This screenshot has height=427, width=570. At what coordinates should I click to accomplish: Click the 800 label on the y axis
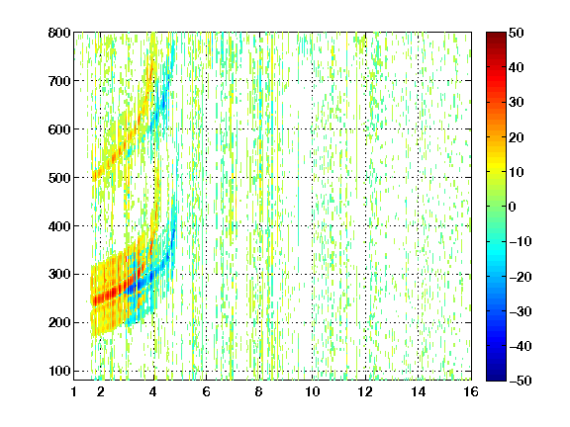59,33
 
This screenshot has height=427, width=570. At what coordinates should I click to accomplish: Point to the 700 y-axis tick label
59,81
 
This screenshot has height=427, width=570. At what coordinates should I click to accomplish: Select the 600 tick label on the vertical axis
59,129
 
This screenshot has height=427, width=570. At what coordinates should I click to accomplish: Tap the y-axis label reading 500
59,178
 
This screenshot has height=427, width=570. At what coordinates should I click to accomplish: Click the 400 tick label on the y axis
59,226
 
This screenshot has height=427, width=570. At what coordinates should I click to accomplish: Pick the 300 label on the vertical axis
59,274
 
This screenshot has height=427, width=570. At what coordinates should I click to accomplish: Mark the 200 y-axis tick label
59,322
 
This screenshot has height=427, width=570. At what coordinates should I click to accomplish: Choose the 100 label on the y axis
59,371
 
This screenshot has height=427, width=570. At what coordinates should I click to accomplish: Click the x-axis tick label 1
74,391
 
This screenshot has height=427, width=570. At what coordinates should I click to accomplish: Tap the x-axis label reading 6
207,391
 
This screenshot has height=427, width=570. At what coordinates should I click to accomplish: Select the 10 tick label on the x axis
313,391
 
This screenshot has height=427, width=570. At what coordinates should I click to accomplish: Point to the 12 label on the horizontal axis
365,391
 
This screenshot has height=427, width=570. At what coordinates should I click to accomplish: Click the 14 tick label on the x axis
419,391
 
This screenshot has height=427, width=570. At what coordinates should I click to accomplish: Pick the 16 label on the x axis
471,391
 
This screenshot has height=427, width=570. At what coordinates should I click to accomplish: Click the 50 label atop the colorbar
516,33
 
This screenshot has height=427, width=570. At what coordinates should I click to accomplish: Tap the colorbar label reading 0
513,207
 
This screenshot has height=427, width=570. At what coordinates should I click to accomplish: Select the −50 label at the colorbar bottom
520,381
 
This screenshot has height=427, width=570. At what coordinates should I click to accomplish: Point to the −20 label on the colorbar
520,277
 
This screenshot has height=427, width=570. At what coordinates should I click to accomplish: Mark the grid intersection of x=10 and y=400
313,225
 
